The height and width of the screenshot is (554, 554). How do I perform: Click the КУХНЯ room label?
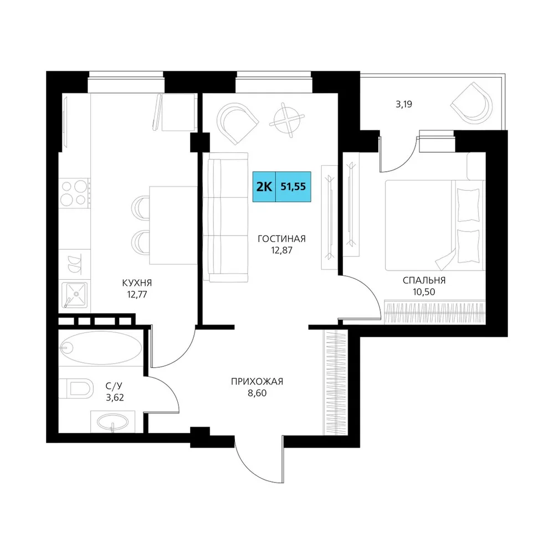pyautogui.click(x=137, y=283)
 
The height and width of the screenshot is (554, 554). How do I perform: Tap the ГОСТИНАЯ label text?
pyautogui.click(x=281, y=239)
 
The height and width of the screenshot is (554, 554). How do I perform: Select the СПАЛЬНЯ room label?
pyautogui.click(x=424, y=280)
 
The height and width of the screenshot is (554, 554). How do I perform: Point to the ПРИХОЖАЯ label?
pyautogui.click(x=257, y=382)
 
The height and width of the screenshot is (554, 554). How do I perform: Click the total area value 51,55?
pyautogui.click(x=293, y=187)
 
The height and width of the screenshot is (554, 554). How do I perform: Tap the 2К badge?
pyautogui.click(x=264, y=187)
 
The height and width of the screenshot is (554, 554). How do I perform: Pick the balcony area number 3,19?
pyautogui.click(x=404, y=104)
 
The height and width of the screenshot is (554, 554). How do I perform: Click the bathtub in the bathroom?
pyautogui.click(x=100, y=348)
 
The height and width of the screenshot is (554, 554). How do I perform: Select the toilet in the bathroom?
pyautogui.click(x=75, y=388)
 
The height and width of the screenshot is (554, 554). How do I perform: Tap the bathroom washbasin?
pyautogui.click(x=112, y=422)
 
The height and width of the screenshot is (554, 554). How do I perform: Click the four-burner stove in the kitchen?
pyautogui.click(x=74, y=193)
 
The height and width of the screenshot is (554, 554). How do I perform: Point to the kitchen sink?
pyautogui.click(x=74, y=294)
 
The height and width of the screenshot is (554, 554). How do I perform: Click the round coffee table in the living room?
pyautogui.click(x=287, y=120)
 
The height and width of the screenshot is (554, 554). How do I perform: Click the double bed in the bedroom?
pyautogui.click(x=435, y=225)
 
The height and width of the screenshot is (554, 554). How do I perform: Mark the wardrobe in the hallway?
pyautogui.click(x=335, y=382)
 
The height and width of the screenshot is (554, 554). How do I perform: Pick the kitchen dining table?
pyautogui.click(x=173, y=225)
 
